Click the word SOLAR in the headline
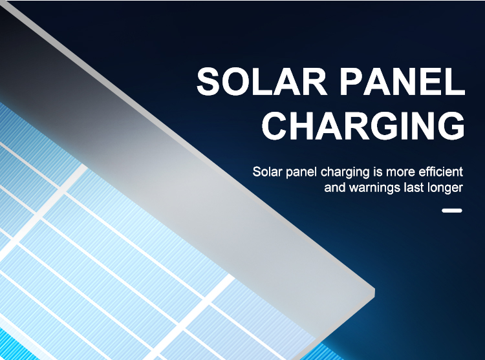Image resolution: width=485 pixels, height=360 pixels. pos(262,81)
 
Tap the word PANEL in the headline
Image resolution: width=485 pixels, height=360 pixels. pos(402,81)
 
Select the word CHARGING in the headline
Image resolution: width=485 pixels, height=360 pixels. pos(363,125)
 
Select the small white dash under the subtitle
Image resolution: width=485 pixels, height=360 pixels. pos(452,211)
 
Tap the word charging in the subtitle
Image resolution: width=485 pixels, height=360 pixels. pos(345,172)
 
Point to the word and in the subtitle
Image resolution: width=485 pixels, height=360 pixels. pos(335,187)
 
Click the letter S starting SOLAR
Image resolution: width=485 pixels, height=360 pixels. pos(208,81)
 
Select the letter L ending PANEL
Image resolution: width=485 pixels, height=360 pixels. pos(456,81)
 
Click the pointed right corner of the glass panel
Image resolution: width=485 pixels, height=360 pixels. pos(374,290)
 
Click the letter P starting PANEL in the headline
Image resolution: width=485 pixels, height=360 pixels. pos(350,81)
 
